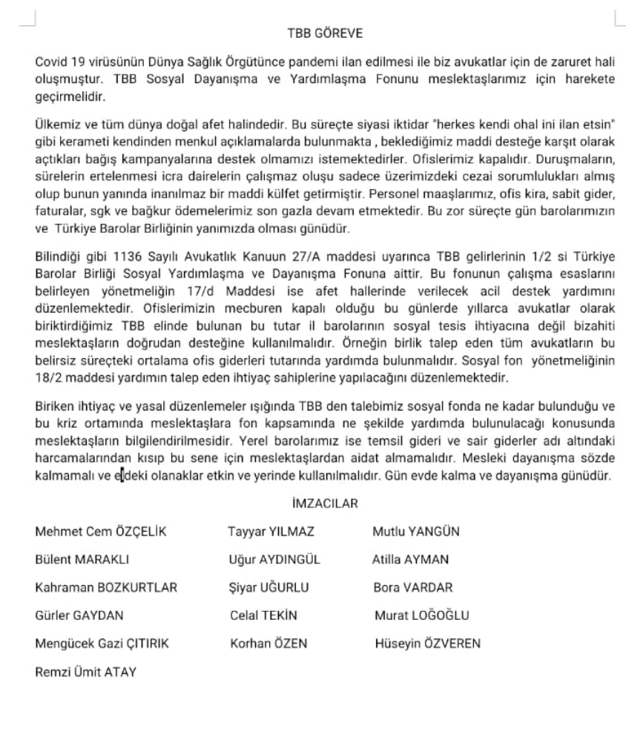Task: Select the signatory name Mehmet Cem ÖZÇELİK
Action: [x=101, y=532]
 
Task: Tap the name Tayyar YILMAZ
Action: [x=272, y=532]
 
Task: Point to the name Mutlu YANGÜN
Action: [x=416, y=532]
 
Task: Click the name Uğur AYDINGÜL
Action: [x=275, y=560]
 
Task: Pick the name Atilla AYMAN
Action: [x=410, y=560]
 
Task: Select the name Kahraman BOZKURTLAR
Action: [x=106, y=588]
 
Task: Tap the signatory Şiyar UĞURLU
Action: [x=269, y=588]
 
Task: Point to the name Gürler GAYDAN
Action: [x=79, y=615]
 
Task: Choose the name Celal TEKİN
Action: [x=263, y=615]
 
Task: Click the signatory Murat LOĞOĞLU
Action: [x=422, y=615]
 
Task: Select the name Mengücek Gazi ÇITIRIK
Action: [x=102, y=644]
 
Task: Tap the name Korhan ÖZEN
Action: [x=268, y=644]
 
